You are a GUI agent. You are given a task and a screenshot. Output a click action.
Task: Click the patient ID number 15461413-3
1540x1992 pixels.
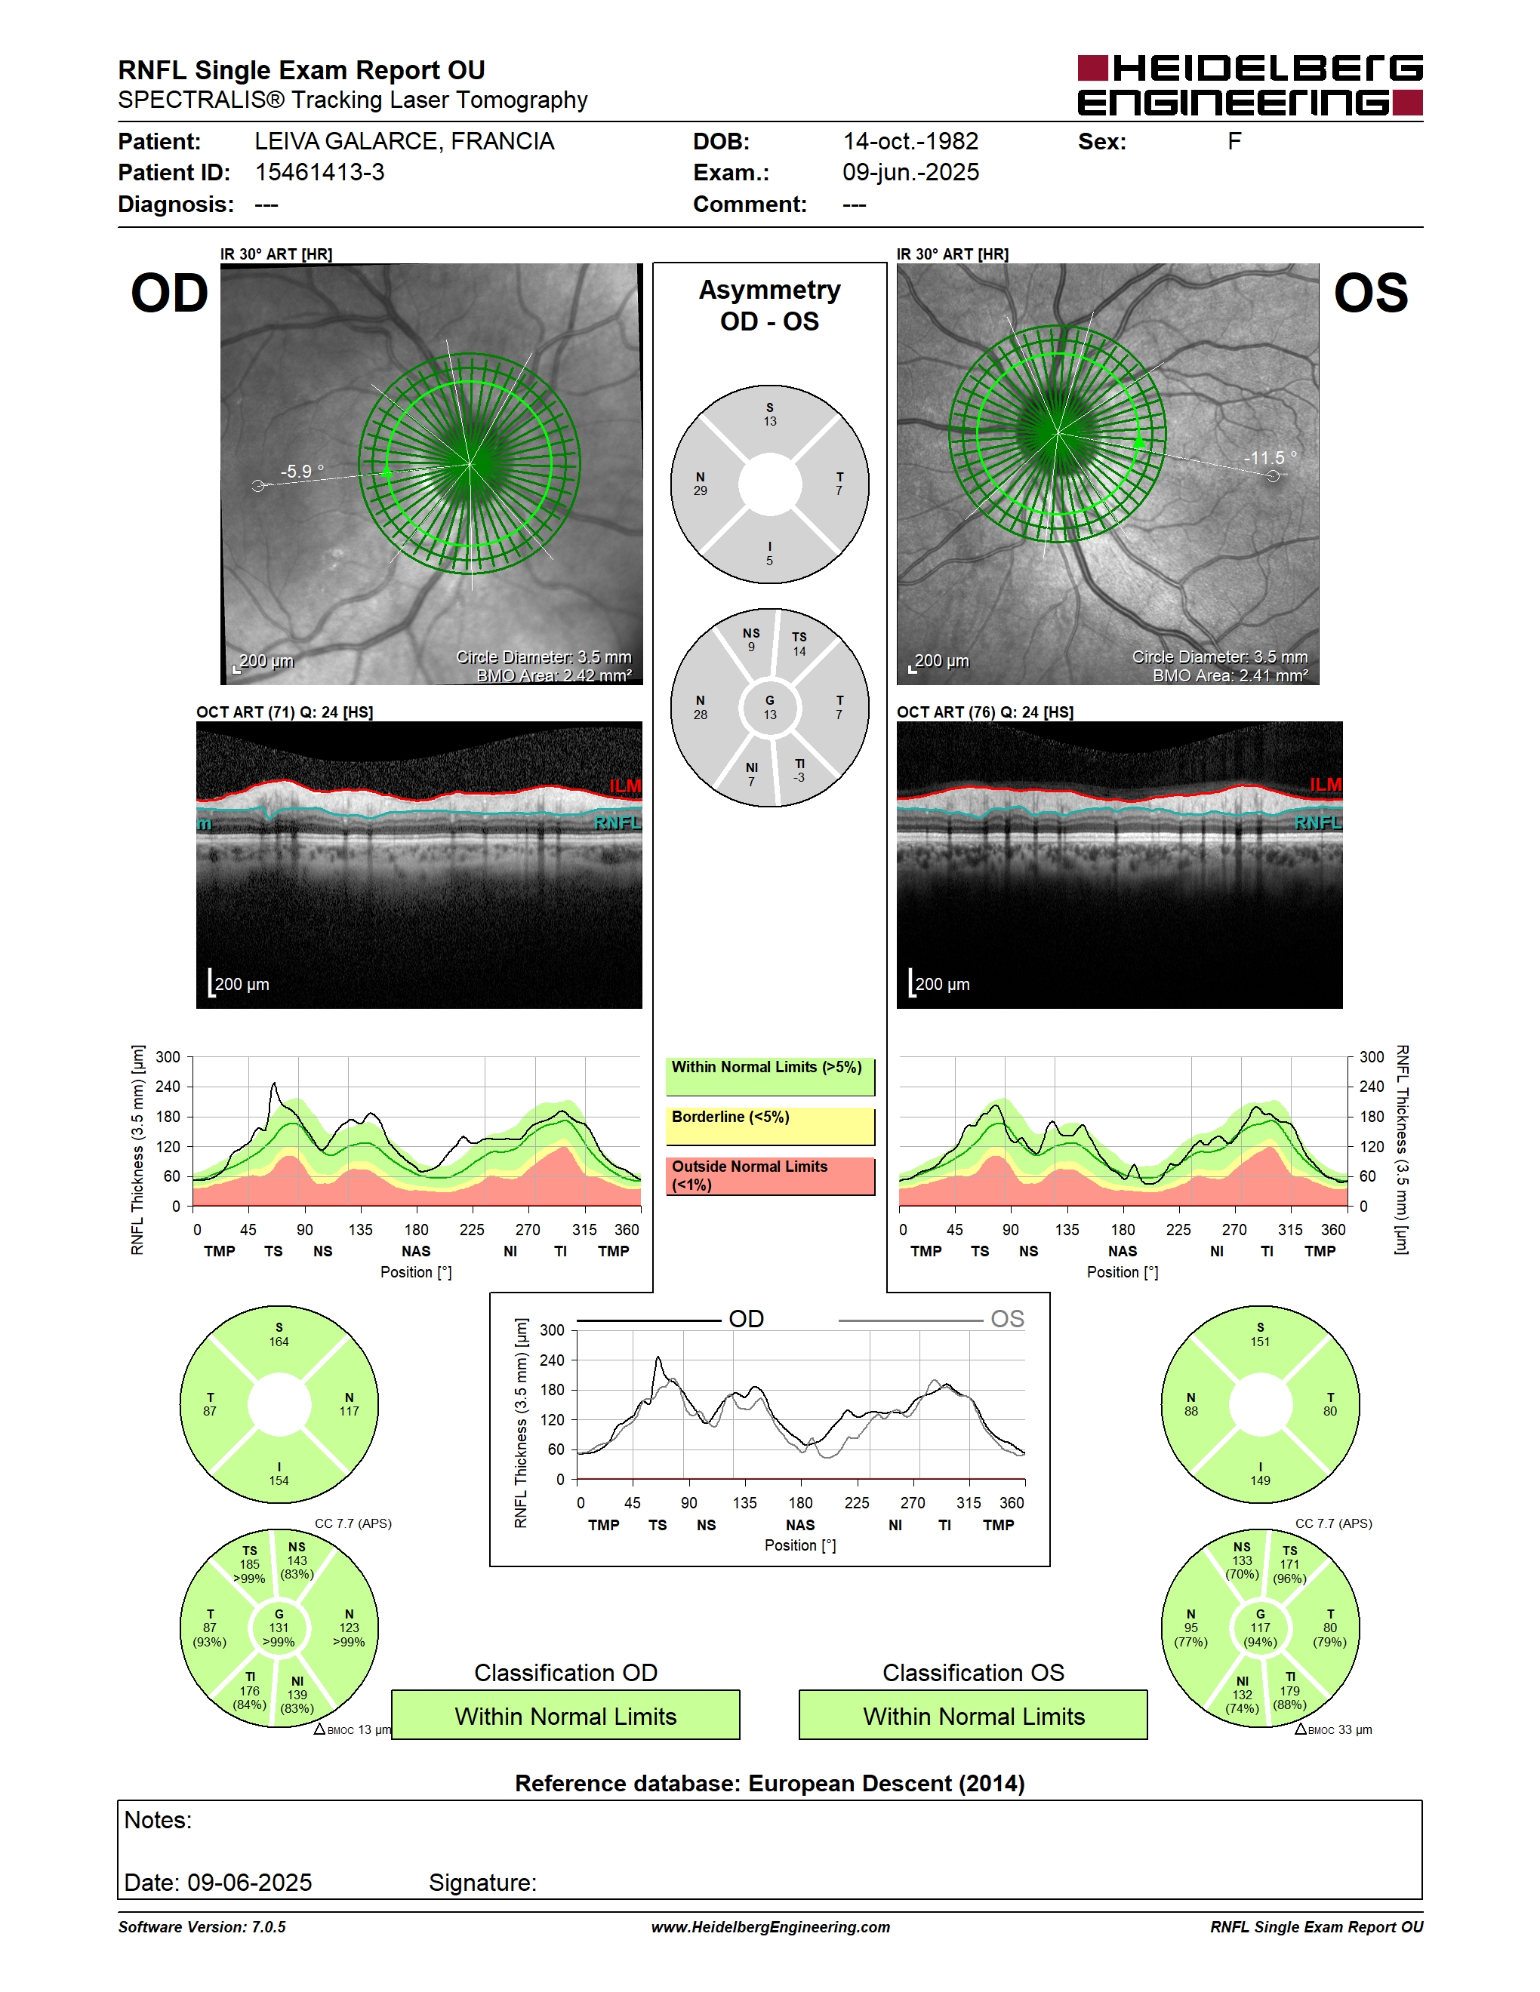[x=319, y=172]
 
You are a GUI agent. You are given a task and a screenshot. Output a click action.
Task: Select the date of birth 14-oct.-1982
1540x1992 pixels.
[x=910, y=141]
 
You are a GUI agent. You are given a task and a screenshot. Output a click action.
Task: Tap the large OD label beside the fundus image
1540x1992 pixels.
[x=170, y=294]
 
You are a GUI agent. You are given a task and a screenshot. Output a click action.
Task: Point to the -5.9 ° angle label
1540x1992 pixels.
[x=303, y=472]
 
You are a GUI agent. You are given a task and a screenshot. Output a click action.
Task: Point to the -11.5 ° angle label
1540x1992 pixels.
[x=1270, y=458]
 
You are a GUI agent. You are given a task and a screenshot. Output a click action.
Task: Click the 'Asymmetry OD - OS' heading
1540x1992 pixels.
[x=770, y=306]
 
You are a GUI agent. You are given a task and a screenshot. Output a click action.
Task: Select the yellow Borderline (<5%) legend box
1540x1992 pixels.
[x=770, y=1127]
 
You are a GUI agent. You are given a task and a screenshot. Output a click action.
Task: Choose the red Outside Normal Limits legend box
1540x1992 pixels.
[x=770, y=1176]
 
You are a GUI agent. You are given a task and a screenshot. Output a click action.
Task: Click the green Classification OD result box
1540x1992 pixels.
[x=565, y=1716]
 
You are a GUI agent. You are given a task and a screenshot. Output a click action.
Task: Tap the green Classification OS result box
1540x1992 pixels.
[x=974, y=1716]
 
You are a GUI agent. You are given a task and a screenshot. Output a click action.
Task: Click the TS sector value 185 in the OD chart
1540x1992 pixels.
[x=249, y=1564]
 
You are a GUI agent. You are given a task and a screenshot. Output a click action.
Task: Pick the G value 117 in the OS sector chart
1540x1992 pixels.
[x=1260, y=1627]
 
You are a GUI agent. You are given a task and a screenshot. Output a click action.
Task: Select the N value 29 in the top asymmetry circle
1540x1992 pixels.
[x=700, y=490]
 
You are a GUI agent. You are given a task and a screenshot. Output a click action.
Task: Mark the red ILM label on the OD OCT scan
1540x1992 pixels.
[x=625, y=786]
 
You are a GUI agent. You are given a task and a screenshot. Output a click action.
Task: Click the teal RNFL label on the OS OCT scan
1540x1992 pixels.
[x=1317, y=822]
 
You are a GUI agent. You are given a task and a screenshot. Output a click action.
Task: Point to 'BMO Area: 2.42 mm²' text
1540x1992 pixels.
[x=554, y=676]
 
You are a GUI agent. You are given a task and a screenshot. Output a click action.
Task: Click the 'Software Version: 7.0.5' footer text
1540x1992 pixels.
[x=202, y=1926]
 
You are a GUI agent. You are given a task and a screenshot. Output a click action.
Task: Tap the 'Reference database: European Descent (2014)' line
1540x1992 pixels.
[x=770, y=1783]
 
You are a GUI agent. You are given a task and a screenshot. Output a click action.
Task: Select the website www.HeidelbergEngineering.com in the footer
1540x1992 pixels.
[x=770, y=1926]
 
